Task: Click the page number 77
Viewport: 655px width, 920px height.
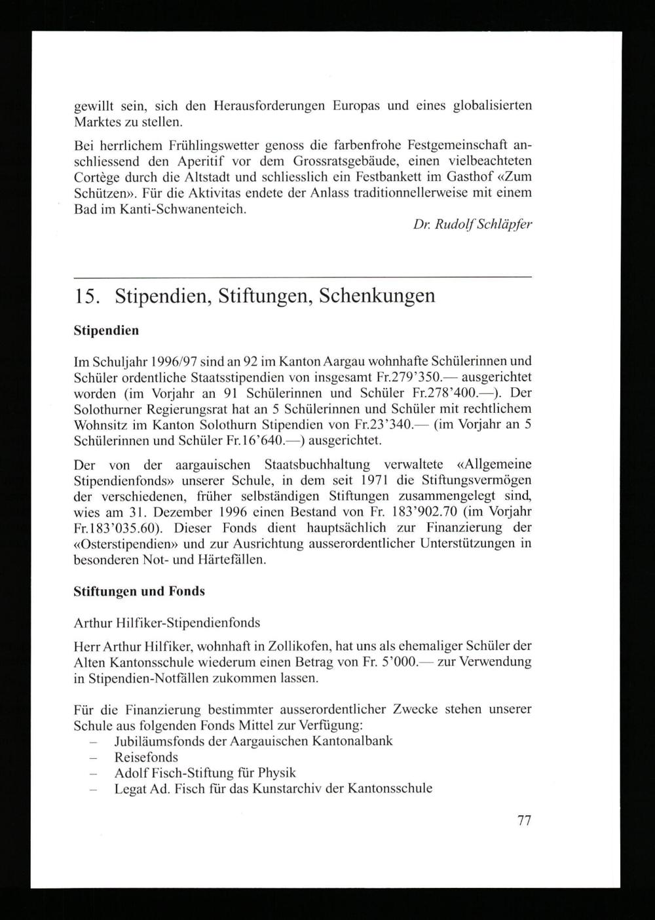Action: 523,820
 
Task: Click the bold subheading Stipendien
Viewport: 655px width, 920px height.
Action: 106,331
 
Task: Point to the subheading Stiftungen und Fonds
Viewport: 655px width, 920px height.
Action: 139,591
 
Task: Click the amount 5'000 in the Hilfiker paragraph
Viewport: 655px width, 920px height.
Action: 398,662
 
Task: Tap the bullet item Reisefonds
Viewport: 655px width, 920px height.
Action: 146,757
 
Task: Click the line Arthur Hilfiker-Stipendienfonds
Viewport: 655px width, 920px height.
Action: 167,623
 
